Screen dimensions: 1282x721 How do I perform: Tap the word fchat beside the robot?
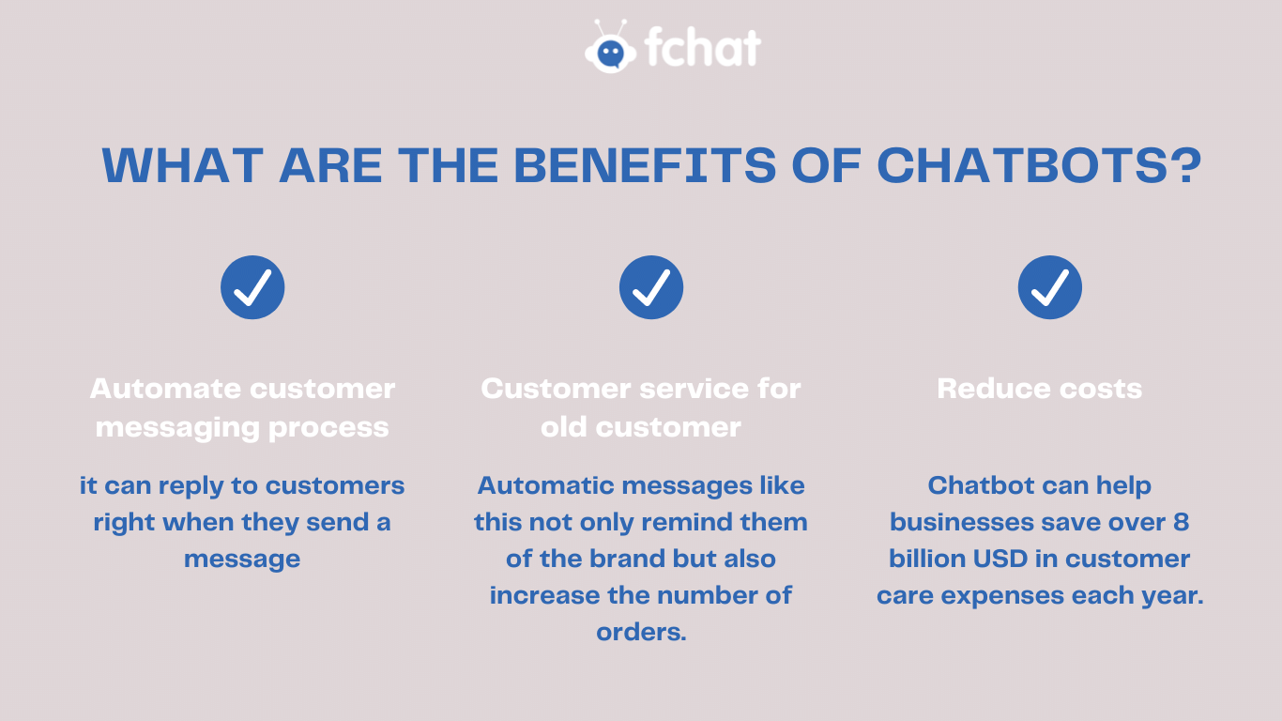click(x=703, y=46)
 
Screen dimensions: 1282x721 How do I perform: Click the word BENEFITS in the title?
click(x=645, y=165)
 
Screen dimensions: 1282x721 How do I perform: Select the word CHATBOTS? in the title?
click(x=1039, y=165)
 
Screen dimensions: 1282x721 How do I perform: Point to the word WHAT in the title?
click(x=183, y=165)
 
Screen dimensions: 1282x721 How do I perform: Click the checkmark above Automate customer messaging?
click(x=252, y=287)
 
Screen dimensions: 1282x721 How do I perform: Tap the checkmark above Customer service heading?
click(x=651, y=287)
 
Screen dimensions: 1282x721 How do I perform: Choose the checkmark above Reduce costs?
click(x=1050, y=287)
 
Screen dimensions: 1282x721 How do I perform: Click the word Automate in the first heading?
click(x=165, y=389)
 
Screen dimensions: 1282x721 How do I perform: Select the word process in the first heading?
click(x=328, y=429)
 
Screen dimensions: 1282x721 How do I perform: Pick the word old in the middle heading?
click(x=564, y=427)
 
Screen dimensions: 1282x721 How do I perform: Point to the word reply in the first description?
click(x=191, y=487)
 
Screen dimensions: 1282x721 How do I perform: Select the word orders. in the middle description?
click(x=641, y=632)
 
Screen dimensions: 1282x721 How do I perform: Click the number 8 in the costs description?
click(x=1182, y=522)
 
